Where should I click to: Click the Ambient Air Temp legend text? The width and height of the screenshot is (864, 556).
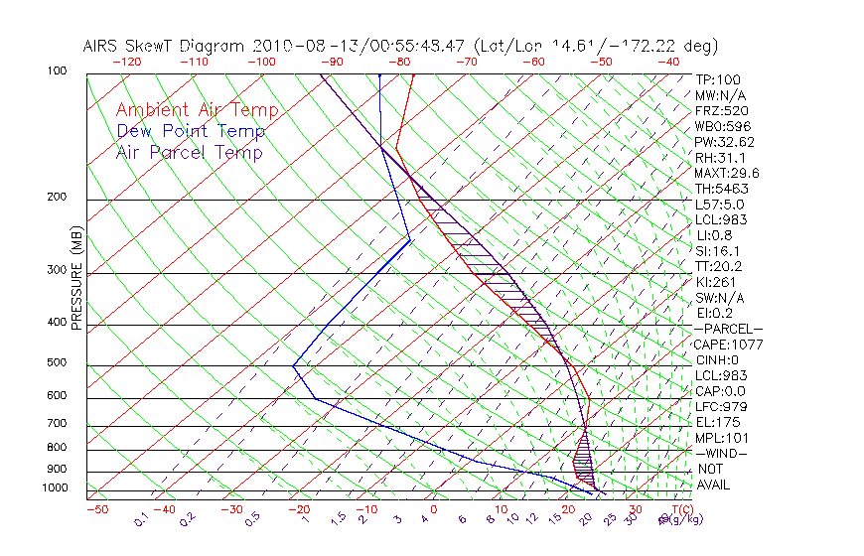pos(197,110)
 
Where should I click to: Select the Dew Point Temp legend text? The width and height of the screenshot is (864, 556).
pos(191,131)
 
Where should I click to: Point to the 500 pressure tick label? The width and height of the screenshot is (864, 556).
pos(57,364)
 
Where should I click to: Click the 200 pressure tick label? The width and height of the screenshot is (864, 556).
pos(57,198)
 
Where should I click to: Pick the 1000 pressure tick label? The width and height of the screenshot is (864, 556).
pos(55,488)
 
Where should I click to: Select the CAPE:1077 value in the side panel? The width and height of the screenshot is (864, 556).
pos(723,345)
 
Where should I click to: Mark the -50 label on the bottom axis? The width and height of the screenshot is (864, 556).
pos(97,509)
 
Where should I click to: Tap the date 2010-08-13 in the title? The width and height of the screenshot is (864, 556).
pos(301,46)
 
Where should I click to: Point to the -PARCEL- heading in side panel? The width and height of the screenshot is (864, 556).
pos(728,329)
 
